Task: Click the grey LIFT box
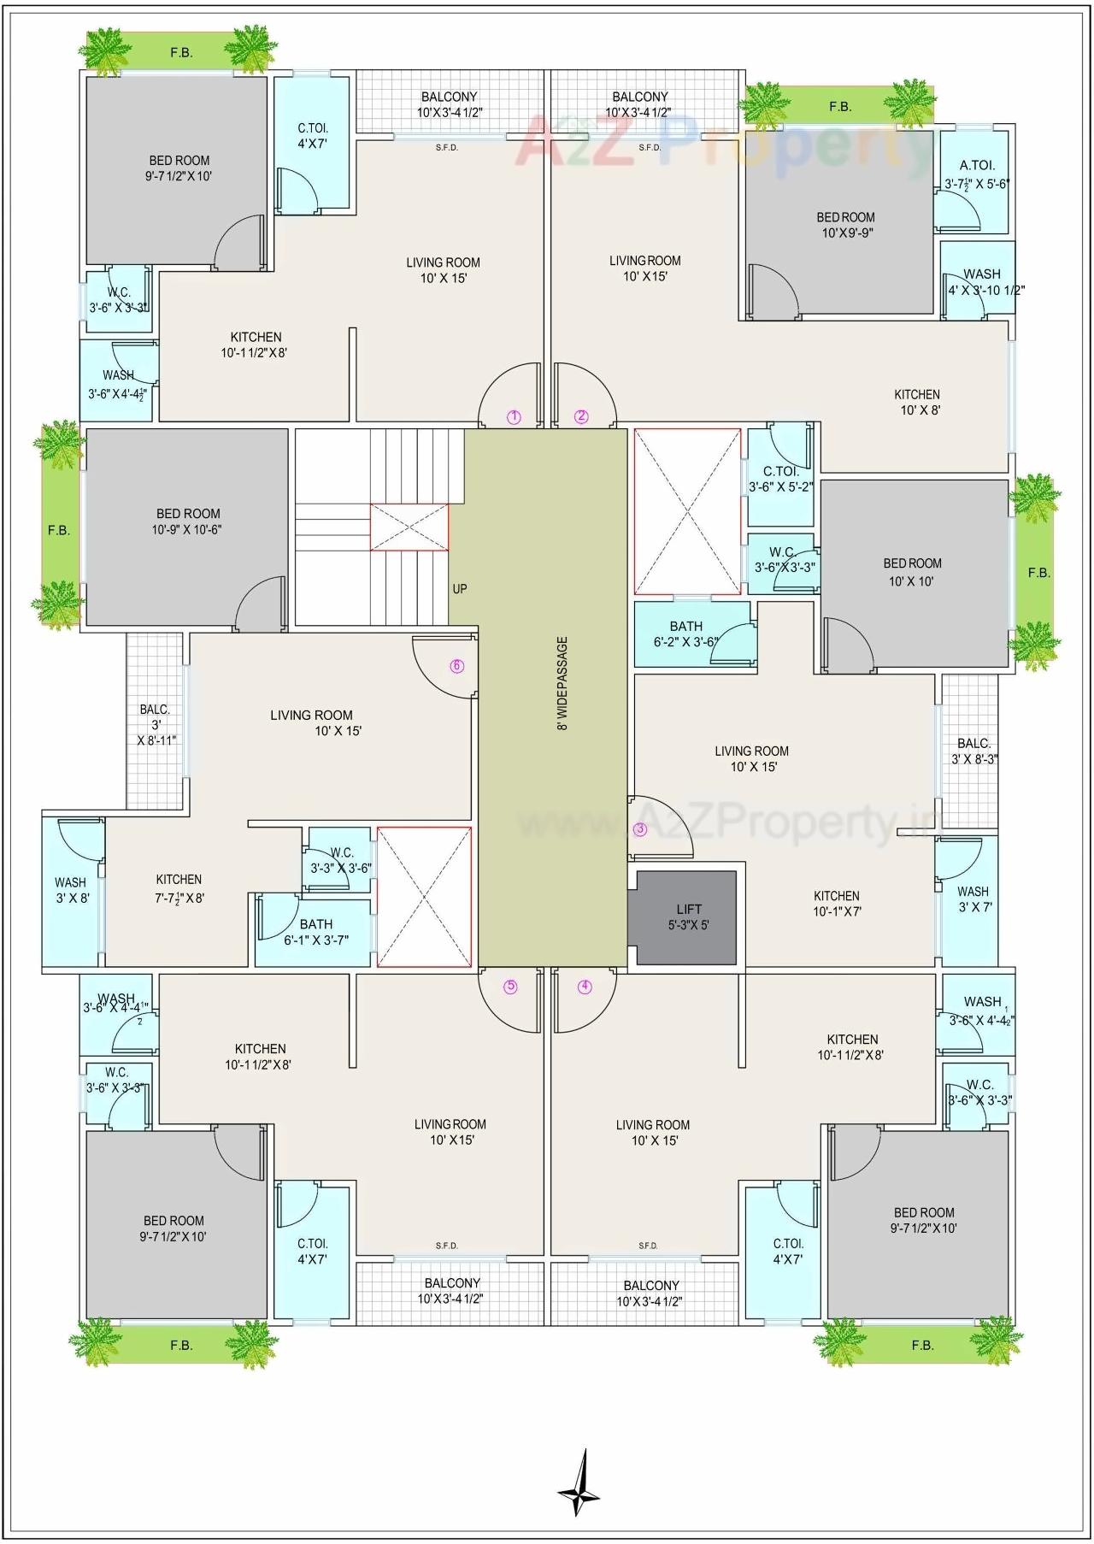pos(683,917)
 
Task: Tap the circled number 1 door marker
pos(514,417)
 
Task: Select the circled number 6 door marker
pos(457,666)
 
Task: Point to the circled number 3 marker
pos(640,828)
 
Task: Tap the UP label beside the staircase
pos(460,589)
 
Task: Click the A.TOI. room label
pos(977,166)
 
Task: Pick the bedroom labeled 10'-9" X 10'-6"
pos(187,522)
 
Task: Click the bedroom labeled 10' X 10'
pos(912,571)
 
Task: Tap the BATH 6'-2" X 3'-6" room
pos(686,634)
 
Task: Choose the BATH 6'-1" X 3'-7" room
pos(315,932)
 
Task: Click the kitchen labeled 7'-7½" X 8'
pos(179,887)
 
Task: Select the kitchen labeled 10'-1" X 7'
pos(836,903)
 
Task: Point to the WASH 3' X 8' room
pos(71,889)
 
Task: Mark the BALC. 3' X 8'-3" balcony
pos(973,751)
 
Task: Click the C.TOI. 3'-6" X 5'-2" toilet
pos(779,479)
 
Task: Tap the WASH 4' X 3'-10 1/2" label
pos(982,281)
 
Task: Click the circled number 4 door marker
pos(585,987)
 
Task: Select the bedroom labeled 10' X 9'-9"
pos(845,224)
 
